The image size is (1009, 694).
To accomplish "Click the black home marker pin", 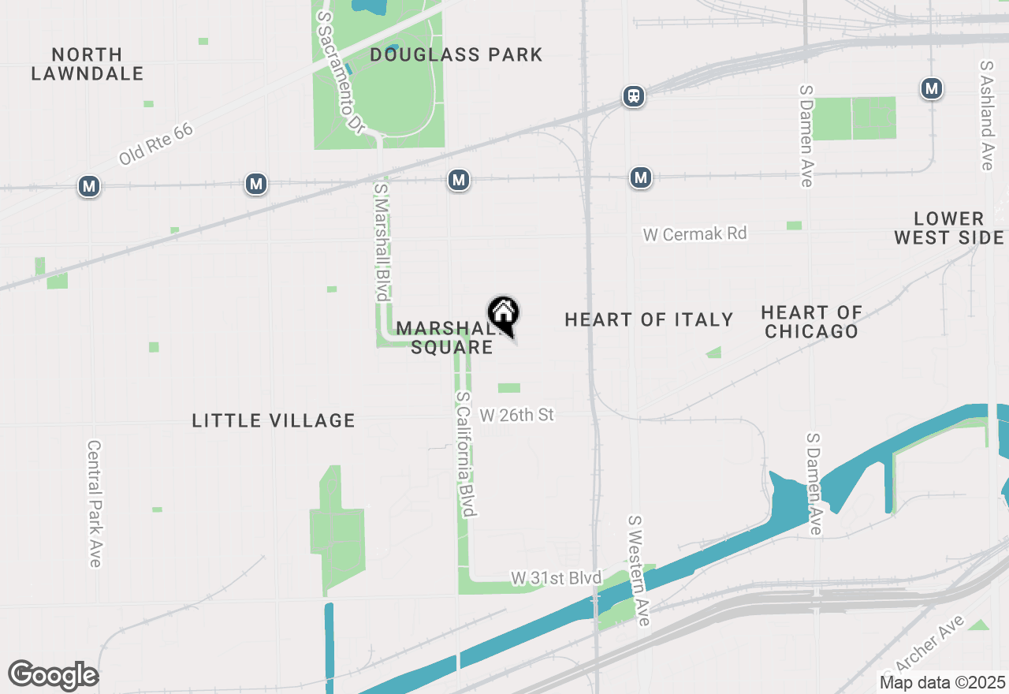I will point(503,315).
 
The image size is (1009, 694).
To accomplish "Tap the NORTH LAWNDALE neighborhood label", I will point(87,65).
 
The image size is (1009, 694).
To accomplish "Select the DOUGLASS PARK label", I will point(456,54).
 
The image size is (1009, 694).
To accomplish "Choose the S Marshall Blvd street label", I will point(382,242).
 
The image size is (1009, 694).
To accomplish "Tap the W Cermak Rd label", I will point(694,234).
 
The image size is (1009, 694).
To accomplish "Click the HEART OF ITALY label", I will point(650,319).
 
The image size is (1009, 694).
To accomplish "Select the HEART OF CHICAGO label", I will point(811,322).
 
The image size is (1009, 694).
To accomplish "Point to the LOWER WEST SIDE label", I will point(949,228).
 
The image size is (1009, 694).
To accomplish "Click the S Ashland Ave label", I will point(987,115).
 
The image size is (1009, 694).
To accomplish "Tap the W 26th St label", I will point(517,415).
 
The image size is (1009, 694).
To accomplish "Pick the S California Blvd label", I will point(466,454).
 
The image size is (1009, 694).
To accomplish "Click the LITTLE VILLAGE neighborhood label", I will point(274,421).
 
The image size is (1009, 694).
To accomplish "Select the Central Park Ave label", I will point(94,503).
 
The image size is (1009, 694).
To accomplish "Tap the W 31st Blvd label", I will point(556,579).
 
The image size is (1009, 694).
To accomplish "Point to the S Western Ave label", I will point(638,570).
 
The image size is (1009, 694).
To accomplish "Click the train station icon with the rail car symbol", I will point(633,96).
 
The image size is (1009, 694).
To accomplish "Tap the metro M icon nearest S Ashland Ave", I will point(932,88).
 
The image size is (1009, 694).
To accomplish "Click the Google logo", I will point(53,676).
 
